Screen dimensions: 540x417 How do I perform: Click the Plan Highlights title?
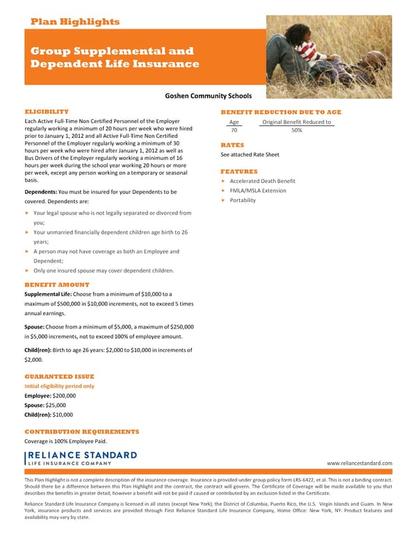tap(75, 22)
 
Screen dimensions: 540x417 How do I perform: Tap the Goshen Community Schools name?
tap(208, 97)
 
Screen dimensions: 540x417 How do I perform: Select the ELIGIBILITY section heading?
tap(47, 111)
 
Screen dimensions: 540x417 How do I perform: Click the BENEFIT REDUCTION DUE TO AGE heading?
tap(281, 112)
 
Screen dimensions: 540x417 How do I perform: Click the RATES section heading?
tap(232, 145)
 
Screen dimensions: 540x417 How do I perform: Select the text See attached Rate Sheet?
tap(250, 154)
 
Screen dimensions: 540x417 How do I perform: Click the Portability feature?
tap(243, 200)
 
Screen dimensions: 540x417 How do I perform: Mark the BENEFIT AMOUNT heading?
tap(57, 285)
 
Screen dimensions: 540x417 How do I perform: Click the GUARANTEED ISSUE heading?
tap(59, 376)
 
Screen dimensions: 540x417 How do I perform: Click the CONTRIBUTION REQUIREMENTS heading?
tap(82, 431)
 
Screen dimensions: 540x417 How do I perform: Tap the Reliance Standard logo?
tap(81, 458)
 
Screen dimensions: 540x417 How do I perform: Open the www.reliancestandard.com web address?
tap(359, 463)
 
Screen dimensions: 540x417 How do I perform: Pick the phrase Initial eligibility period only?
tap(59, 386)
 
